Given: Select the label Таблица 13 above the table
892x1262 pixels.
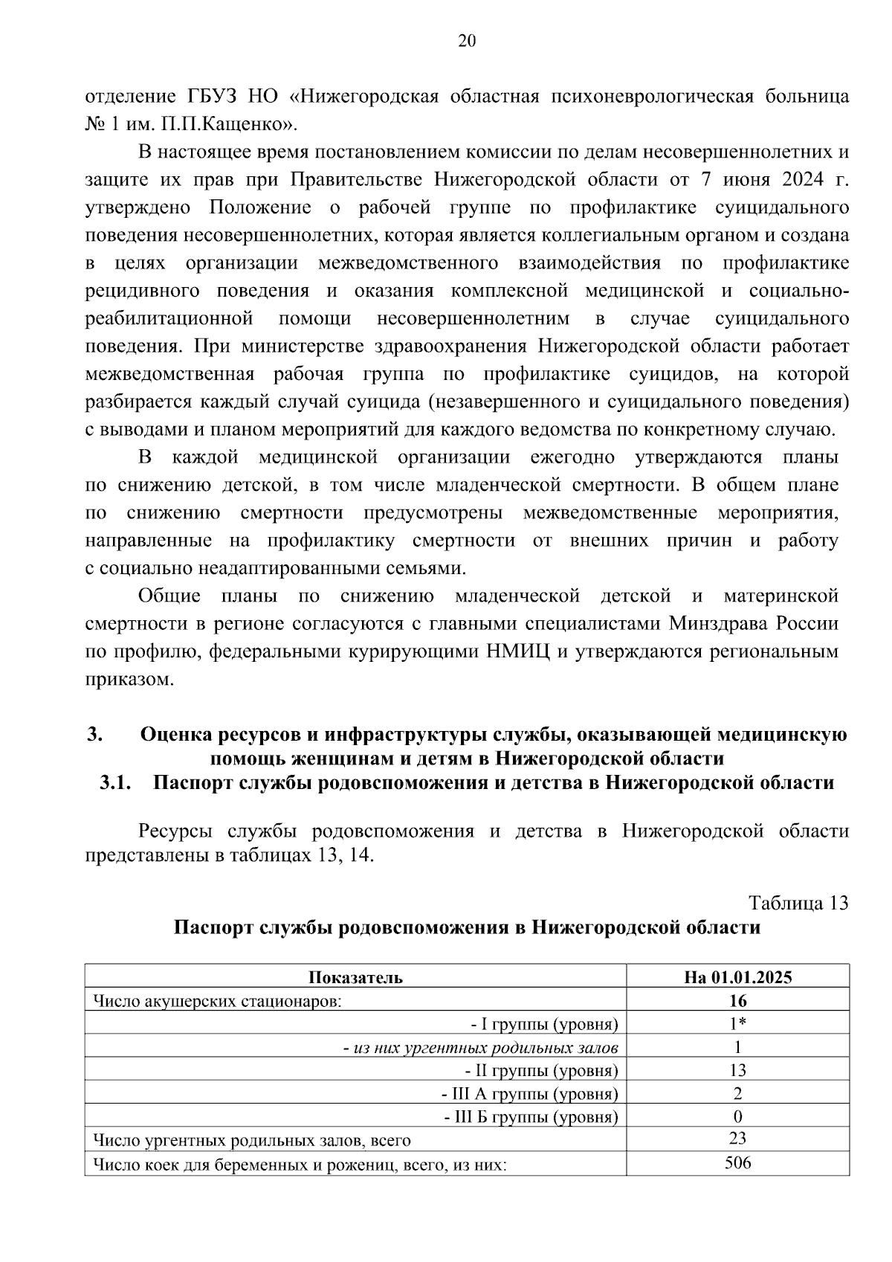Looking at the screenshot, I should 798,903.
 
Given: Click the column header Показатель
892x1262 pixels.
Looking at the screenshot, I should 355,977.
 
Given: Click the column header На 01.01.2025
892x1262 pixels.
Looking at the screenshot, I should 737,977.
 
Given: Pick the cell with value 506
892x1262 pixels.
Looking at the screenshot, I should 737,1162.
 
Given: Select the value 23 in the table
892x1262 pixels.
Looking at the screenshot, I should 737,1139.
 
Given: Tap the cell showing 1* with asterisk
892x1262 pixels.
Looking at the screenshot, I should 737,1024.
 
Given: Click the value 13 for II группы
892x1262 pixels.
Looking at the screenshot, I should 737,1070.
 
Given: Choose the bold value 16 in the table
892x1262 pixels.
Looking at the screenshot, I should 737,1000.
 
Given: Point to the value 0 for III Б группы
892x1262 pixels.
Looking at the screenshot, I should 737,1116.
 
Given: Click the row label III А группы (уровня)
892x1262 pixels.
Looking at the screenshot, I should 530,1094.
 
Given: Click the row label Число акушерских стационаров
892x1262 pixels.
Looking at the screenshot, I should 217,1001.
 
